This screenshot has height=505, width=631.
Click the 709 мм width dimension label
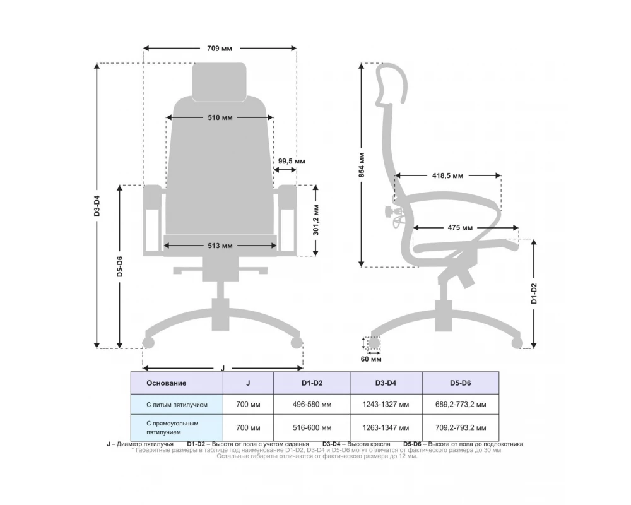[220, 49]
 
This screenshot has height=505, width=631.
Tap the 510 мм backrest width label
[220, 117]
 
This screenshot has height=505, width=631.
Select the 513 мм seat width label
[220, 246]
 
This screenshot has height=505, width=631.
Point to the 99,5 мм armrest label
[292, 161]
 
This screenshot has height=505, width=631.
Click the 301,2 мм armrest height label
[316, 220]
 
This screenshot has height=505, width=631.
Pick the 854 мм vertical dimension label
[362, 165]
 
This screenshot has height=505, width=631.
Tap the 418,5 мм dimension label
[447, 175]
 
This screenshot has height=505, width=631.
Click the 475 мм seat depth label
[460, 227]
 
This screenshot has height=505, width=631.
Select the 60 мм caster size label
[370, 359]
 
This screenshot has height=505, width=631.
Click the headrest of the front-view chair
[219, 82]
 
